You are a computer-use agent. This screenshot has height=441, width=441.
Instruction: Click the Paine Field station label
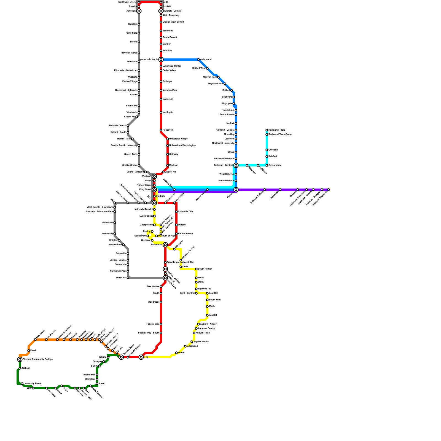click(x=131, y=33)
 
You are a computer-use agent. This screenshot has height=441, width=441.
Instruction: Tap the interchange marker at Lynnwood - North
click(x=161, y=60)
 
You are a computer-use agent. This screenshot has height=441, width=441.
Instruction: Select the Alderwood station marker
click(x=198, y=60)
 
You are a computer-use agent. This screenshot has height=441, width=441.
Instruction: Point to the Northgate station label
click(x=168, y=112)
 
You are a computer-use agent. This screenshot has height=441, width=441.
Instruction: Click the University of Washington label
click(x=182, y=146)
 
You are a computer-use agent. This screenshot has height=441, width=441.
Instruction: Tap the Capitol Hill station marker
click(x=163, y=172)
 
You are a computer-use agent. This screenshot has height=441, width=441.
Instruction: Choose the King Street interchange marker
click(x=154, y=190)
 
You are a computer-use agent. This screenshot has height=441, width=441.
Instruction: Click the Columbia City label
click(x=185, y=212)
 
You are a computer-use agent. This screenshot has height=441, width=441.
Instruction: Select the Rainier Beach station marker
click(x=176, y=234)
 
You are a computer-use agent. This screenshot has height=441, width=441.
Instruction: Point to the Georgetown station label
click(x=146, y=225)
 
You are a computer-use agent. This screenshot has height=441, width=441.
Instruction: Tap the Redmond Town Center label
click(x=280, y=135)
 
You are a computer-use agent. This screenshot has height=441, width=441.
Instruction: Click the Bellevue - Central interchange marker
click(x=236, y=165)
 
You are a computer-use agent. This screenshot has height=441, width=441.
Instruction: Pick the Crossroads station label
click(x=275, y=165)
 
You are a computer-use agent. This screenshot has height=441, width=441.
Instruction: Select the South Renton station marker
click(x=196, y=269)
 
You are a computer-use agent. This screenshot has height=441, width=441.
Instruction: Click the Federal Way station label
click(x=153, y=324)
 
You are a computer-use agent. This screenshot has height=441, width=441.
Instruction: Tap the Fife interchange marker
click(x=141, y=357)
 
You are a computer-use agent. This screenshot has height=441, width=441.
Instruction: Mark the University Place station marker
click(x=22, y=384)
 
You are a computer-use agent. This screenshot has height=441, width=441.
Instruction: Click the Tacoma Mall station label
click(x=89, y=375)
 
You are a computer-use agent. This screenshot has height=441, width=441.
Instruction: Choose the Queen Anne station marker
click(x=139, y=154)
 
